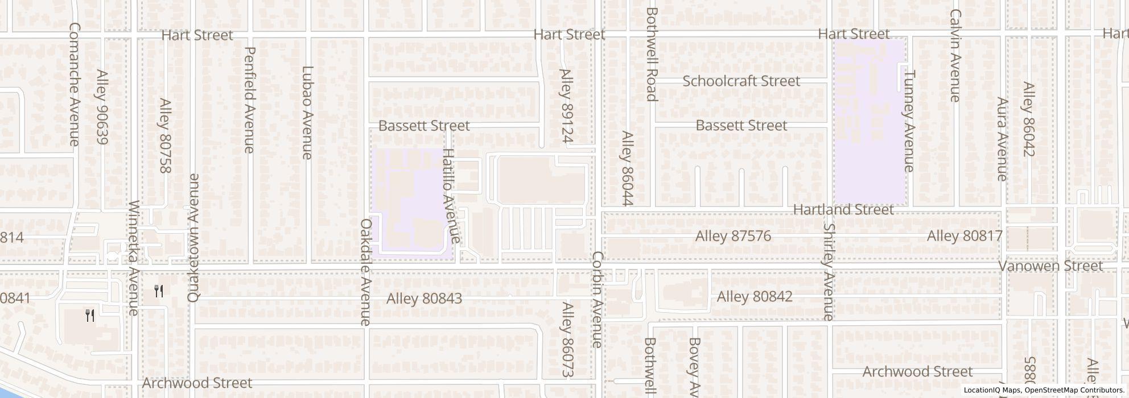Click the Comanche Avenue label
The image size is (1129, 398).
click(75, 84)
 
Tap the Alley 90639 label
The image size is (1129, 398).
click(102, 107)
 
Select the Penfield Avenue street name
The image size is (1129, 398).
click(249, 100)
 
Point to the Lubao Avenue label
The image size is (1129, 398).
click(307, 113)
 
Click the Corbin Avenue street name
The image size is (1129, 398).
click(597, 299)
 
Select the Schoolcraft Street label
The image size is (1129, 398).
click(741, 81)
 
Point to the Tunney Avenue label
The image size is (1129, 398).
click(909, 121)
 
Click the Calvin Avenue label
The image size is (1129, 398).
click(955, 56)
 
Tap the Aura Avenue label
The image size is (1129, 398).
click(1002, 139)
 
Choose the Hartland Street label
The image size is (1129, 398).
click(843, 210)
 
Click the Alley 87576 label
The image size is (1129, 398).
click(733, 236)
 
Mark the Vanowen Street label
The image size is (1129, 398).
click(1050, 266)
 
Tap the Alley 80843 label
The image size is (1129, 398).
click(424, 298)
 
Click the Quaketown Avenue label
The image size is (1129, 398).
click(193, 238)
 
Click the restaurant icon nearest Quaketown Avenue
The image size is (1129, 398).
click(159, 292)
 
